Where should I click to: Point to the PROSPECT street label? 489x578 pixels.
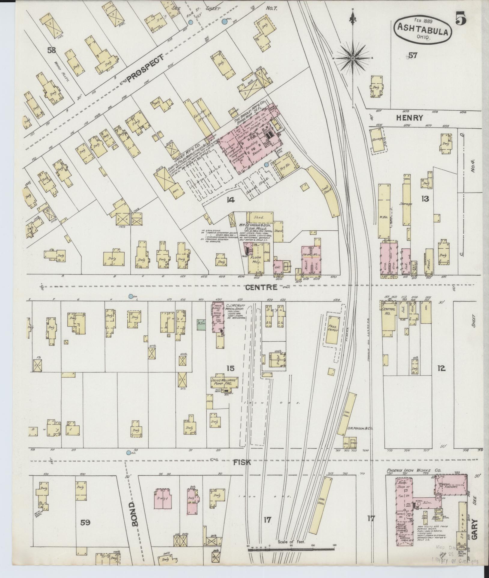click(x=146, y=68)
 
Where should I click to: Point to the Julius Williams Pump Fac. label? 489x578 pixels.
click(x=223, y=381)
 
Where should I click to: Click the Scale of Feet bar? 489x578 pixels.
click(x=291, y=549)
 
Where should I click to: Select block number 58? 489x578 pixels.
click(x=51, y=50)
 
